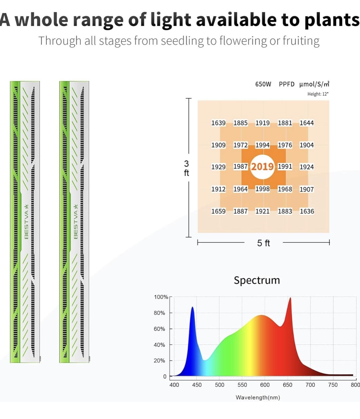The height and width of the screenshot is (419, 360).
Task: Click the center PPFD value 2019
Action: (262, 167)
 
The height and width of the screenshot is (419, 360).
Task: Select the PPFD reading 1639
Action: (218, 123)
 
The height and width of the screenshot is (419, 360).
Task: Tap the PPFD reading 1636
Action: (307, 211)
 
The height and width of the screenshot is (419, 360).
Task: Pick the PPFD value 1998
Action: (262, 189)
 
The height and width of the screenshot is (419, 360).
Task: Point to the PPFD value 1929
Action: (218, 167)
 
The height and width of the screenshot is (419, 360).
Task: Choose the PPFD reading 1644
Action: (307, 123)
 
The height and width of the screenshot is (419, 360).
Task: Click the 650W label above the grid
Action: (263, 84)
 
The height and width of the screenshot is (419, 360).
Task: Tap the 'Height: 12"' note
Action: (318, 94)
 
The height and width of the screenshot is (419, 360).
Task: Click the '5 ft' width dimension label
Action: (263, 243)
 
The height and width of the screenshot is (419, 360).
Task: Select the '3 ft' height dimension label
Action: (186, 168)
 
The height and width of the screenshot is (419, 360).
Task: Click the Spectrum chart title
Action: (257, 280)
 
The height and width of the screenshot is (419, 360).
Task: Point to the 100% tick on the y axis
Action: (161, 297)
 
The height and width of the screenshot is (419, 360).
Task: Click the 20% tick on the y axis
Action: (159, 361)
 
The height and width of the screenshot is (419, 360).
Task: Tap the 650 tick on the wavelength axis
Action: (287, 385)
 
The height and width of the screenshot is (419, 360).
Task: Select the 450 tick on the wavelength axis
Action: (197, 385)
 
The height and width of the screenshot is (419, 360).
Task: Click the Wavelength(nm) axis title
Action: (258, 397)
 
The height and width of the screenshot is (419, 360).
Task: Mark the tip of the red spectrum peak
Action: (290, 298)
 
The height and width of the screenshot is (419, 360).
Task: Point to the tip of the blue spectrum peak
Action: (193, 307)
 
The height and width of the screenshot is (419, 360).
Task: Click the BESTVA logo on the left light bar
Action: (26, 221)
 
